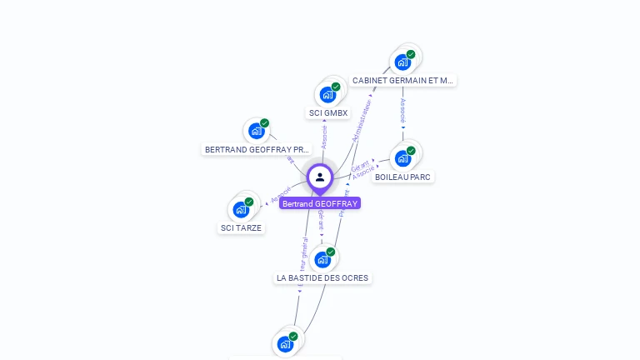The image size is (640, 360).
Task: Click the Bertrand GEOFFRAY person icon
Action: (320, 177)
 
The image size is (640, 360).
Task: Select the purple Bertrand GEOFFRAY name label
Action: (320, 203)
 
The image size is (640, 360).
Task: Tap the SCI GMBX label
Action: (328, 112)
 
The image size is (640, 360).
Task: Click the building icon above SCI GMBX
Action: (327, 94)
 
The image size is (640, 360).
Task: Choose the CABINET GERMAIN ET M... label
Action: (403, 81)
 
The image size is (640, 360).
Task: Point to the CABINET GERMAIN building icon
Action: (402, 62)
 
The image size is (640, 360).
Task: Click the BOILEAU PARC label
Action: (404, 177)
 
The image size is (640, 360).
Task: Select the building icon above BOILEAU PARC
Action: (402, 157)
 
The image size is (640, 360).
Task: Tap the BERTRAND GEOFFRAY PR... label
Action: (257, 150)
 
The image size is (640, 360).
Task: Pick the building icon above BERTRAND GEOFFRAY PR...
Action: (256, 131)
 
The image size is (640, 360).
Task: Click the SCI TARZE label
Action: (241, 227)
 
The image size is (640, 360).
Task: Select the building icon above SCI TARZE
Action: (241, 209)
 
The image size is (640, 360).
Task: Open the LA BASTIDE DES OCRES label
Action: (322, 277)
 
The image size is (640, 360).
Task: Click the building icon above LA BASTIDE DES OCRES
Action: (322, 259)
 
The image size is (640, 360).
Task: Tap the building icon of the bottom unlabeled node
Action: (285, 343)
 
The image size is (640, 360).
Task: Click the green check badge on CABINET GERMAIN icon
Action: (411, 54)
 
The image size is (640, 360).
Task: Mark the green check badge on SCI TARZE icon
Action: (249, 202)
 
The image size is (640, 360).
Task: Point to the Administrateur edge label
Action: (363, 120)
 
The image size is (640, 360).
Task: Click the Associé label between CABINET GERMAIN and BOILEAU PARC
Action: (402, 111)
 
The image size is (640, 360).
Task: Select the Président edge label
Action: (344, 203)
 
